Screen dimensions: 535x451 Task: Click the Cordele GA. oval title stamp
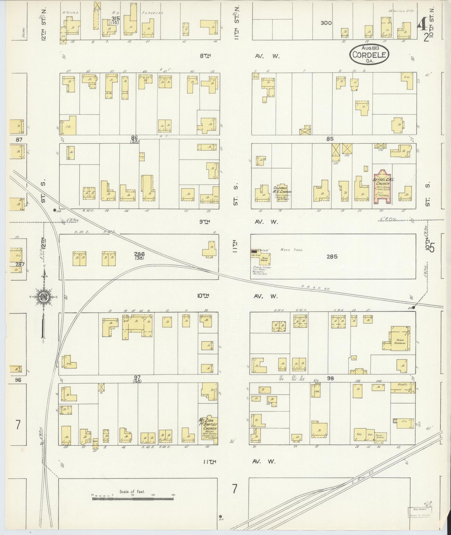[x=370, y=55]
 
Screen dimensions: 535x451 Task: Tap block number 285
[x=332, y=257]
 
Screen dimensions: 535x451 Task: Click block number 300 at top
[x=326, y=23]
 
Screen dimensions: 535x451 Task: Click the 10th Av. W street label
[x=239, y=296]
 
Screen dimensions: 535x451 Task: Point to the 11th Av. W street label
[x=239, y=461]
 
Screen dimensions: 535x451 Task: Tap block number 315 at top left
[x=115, y=18]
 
